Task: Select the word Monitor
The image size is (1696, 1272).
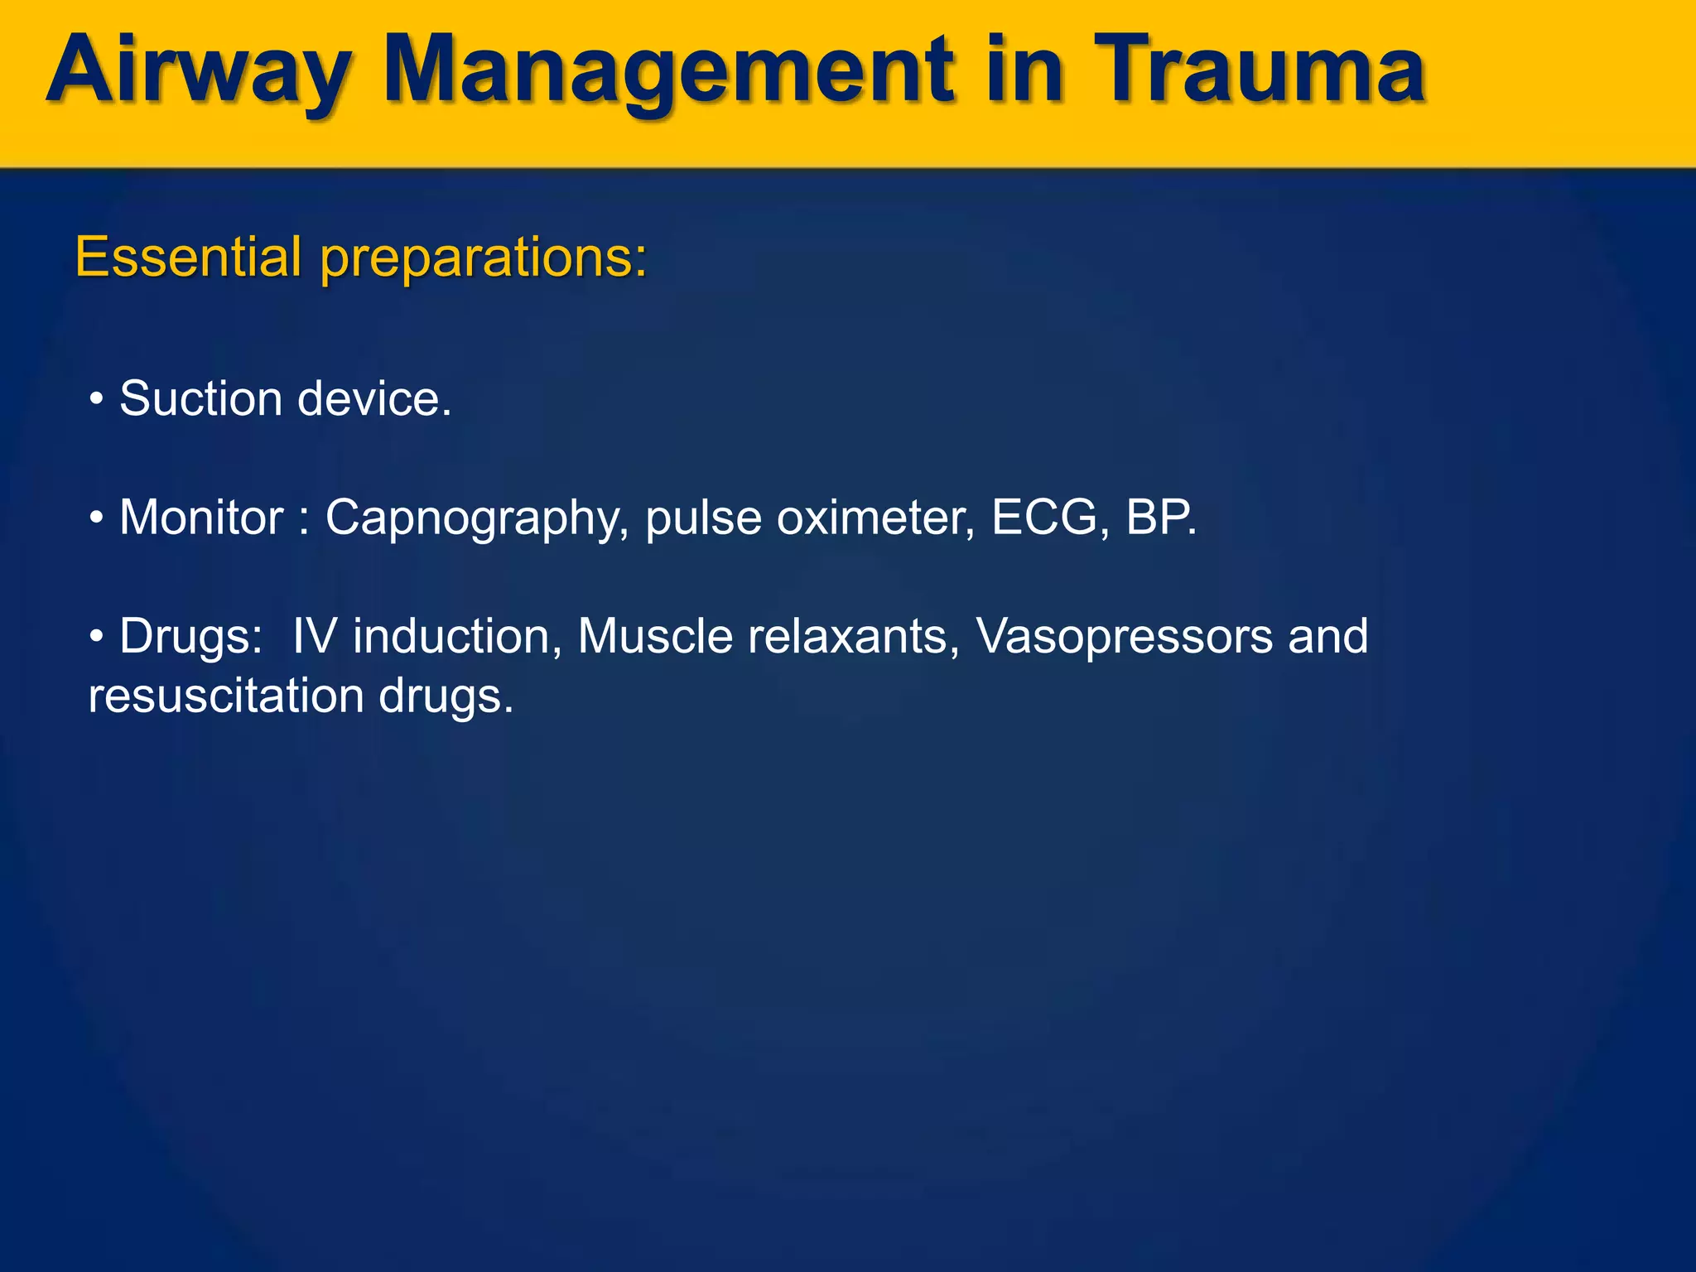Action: click(201, 518)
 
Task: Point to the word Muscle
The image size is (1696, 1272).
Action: click(655, 637)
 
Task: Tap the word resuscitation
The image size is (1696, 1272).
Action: click(226, 696)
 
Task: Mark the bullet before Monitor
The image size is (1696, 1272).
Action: click(97, 519)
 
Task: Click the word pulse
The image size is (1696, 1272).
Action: click(703, 519)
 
